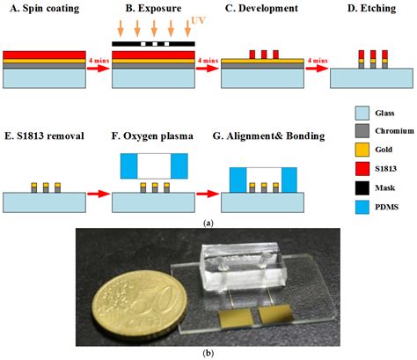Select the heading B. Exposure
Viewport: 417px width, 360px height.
[145, 10]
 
